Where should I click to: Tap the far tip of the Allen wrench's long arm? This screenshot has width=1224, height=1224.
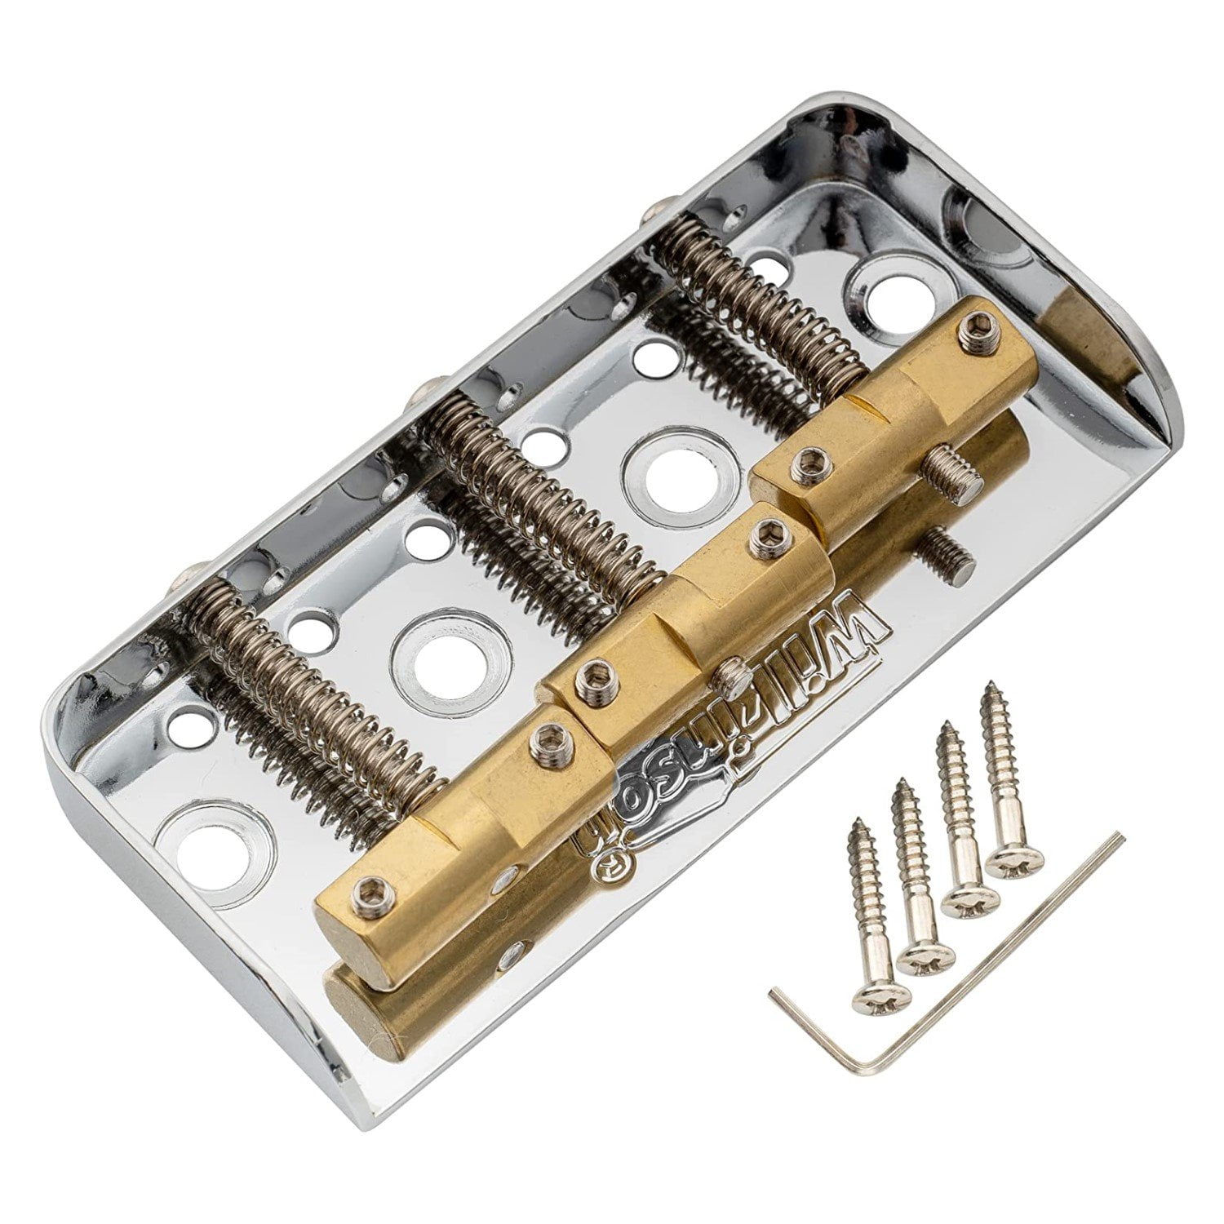(1121, 837)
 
